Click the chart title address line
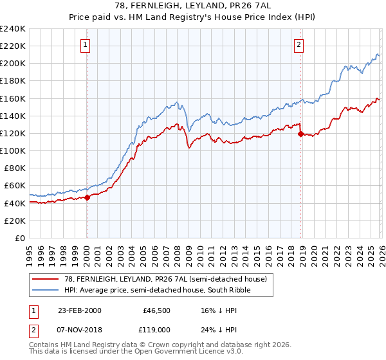coord(192,6)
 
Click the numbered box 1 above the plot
coord(86,44)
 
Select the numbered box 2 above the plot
coord(300,44)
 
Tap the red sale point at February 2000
coord(87,197)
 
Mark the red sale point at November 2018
coord(300,134)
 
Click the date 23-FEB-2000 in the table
coord(79,310)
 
